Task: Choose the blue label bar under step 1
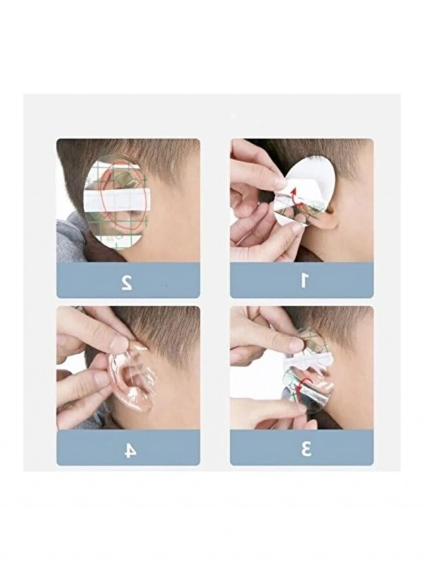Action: pos(301,281)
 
